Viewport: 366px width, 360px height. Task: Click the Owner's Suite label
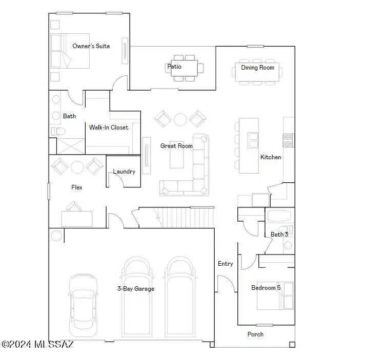click(91, 46)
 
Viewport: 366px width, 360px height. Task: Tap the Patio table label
click(174, 67)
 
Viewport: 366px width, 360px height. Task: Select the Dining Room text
click(257, 68)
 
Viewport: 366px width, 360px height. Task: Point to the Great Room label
click(176, 146)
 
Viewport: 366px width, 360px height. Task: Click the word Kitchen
click(271, 157)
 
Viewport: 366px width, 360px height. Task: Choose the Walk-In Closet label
click(109, 128)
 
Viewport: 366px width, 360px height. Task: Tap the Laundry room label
click(124, 172)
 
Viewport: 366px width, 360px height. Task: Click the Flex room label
click(77, 187)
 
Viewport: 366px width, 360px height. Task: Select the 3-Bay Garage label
click(135, 289)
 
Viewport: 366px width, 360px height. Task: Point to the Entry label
click(225, 264)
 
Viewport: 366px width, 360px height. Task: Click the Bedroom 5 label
click(266, 288)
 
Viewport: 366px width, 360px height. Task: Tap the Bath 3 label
click(279, 235)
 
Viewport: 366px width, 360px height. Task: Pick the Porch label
click(255, 334)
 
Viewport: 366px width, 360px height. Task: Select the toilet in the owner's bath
click(57, 132)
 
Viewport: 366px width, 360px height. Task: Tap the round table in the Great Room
click(180, 119)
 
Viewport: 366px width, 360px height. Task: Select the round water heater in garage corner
click(56, 236)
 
